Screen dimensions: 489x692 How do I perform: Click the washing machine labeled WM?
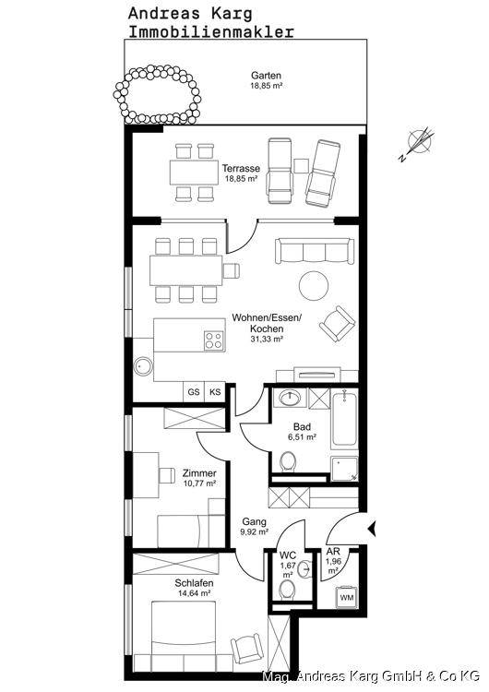coord(346,597)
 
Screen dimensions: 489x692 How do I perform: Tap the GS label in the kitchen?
coord(194,392)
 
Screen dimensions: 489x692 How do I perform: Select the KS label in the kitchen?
coord(215,392)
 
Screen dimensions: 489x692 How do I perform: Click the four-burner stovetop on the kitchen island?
coord(214,341)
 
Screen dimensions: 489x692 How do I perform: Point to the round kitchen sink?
coord(143,366)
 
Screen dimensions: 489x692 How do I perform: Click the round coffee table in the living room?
coord(314,285)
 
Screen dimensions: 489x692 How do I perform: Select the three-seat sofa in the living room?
coord(315,251)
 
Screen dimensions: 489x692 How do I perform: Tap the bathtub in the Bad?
coord(345,419)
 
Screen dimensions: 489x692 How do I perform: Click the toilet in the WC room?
coord(288,590)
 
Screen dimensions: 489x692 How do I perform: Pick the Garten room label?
coord(266,76)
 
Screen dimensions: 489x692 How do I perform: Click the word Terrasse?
coord(241,169)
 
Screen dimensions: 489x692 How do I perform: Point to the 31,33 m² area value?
coord(267,339)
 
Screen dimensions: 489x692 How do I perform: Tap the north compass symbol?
coord(418,144)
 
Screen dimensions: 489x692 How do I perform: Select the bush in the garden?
coord(157,94)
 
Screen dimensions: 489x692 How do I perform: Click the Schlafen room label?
coord(194,583)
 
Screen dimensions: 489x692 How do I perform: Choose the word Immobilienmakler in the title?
coord(211,31)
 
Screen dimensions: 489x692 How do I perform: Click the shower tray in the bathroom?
coord(345,469)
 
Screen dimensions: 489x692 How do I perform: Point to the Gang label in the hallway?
coord(255,521)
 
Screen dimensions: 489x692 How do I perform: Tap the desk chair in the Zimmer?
coord(167,475)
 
